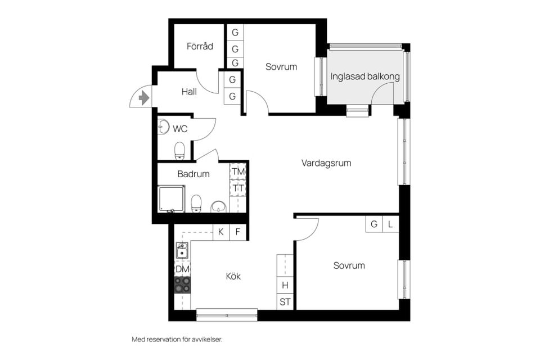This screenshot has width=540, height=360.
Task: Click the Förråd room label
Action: click(200, 46)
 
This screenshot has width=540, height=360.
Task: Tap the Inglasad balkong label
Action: click(365, 76)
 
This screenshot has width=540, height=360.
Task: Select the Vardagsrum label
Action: click(326, 163)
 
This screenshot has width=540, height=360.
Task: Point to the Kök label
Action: click(233, 276)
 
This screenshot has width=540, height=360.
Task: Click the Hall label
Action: click(189, 91)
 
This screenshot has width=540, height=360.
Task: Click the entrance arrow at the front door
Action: click(144, 98)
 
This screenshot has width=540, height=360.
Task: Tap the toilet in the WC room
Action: click(179, 150)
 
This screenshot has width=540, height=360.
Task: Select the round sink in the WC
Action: click(164, 127)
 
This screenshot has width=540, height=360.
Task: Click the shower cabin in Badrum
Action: click(171, 199)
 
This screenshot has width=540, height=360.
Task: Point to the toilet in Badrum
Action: click(196, 203)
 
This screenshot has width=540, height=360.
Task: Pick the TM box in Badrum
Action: click(238, 171)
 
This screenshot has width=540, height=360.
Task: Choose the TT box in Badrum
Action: click(238, 188)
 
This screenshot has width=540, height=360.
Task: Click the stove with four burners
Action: click(182, 285)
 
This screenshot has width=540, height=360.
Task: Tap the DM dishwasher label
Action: click(182, 269)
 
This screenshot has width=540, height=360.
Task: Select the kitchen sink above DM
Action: click(182, 251)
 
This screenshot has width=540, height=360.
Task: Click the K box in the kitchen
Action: click(221, 232)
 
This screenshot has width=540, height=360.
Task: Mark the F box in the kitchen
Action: click(238, 232)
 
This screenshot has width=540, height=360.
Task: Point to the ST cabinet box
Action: click(285, 301)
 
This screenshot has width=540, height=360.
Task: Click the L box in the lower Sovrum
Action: click(390, 224)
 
